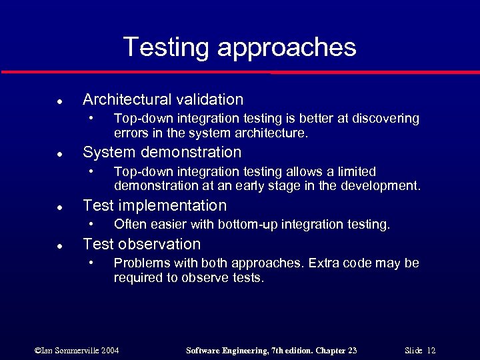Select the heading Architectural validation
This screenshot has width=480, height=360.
point(163,100)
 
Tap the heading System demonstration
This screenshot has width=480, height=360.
point(162,153)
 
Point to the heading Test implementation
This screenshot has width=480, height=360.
point(155,205)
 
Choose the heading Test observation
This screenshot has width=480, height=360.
point(141,244)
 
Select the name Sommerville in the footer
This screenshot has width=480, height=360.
point(73,350)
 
